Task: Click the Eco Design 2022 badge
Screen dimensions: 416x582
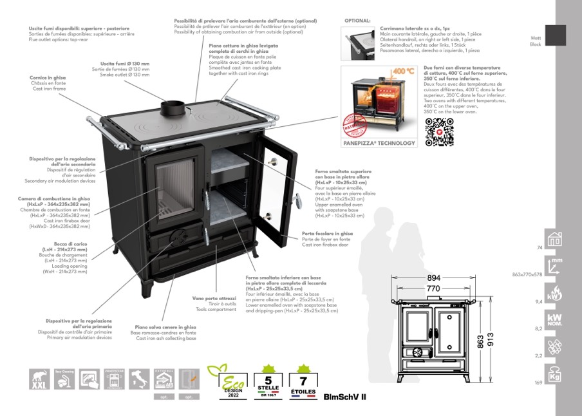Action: [x=224, y=382]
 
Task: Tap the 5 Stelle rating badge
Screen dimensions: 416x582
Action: [x=268, y=382]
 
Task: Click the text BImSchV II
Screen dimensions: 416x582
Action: [x=345, y=397]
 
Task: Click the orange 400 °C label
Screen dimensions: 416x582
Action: [x=403, y=71]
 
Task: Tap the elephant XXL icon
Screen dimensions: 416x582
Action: [x=40, y=379]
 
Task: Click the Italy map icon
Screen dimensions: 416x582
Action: [x=139, y=379]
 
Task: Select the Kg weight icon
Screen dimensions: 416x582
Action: [x=555, y=373]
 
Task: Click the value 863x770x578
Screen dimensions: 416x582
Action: [x=527, y=274]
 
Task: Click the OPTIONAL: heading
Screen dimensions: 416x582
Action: [x=358, y=21]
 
